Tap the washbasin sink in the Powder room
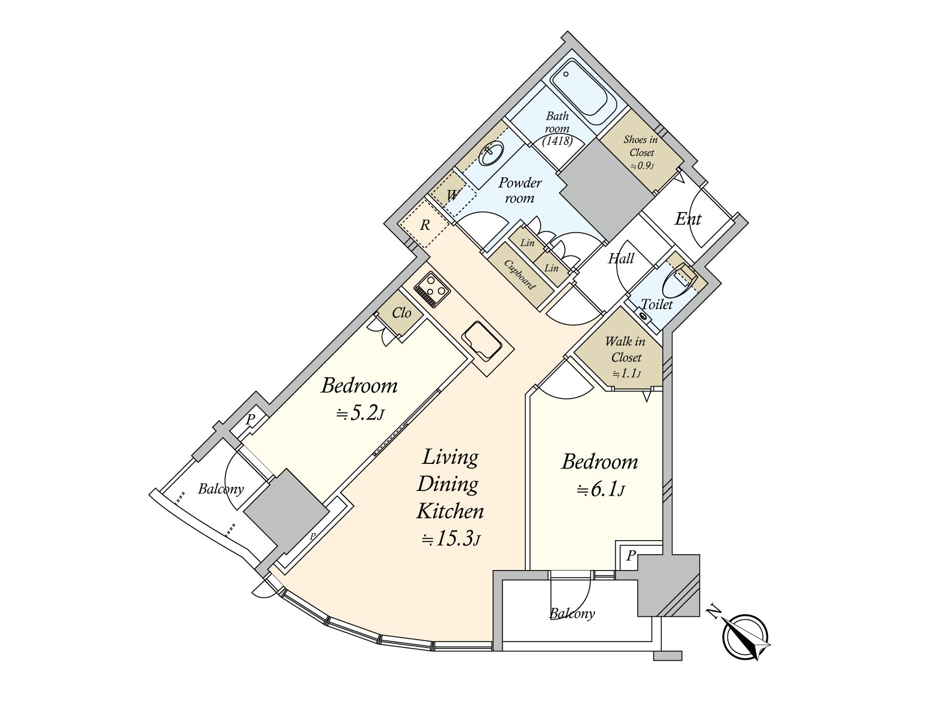click(491, 153)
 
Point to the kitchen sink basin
click(483, 342)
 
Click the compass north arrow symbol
click(746, 636)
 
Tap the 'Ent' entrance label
click(688, 219)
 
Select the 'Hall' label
click(621, 258)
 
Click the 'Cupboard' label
click(519, 274)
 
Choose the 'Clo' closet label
click(401, 313)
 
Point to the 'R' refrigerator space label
click(425, 225)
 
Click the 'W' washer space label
click(453, 195)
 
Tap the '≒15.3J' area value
click(451, 539)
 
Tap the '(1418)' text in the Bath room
click(558, 141)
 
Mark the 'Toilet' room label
click(656, 304)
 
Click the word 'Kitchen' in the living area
click(450, 511)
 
